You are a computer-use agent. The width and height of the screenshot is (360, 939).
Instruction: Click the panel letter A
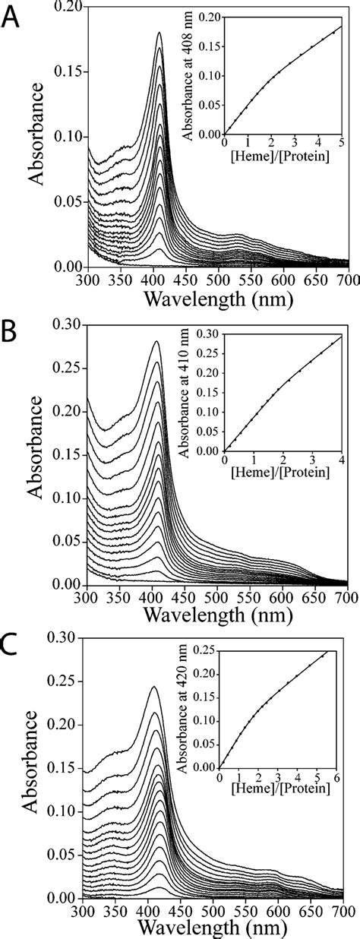click(x=12, y=17)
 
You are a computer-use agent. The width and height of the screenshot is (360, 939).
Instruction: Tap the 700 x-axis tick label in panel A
click(x=347, y=279)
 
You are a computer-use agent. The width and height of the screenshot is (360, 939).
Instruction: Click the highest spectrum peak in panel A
click(x=159, y=33)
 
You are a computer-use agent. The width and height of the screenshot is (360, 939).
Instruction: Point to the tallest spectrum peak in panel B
click(x=157, y=341)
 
